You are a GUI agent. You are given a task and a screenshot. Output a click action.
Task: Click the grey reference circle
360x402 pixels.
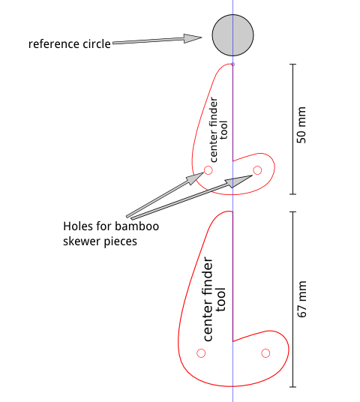coord(232,34)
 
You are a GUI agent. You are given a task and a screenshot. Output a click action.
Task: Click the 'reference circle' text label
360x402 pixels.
coord(69,43)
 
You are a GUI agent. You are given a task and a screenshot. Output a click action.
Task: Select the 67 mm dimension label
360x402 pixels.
coord(302,300)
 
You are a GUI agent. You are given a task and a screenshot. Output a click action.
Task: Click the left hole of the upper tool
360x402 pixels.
coord(208,171)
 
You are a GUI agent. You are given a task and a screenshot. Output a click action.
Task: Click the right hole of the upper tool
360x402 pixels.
coord(257,170)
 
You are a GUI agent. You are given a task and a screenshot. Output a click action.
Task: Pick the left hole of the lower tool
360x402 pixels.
coord(201,353)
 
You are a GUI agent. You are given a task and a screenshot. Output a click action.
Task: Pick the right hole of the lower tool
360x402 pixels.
coord(265,352)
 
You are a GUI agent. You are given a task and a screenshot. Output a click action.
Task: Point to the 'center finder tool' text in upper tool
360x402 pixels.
coord(219,130)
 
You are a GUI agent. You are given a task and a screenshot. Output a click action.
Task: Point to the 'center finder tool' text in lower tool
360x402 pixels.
coord(214,300)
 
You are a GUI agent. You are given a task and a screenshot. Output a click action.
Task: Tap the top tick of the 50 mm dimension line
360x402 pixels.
coord(292,64)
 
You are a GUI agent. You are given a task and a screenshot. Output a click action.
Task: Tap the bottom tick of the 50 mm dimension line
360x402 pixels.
coord(292,193)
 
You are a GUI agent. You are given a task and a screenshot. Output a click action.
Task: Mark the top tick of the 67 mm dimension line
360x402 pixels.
coord(292,212)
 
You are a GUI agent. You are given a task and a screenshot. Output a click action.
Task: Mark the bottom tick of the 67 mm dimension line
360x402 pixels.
coord(292,387)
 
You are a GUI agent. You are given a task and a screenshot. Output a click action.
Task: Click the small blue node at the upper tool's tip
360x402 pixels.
coord(232,64)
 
